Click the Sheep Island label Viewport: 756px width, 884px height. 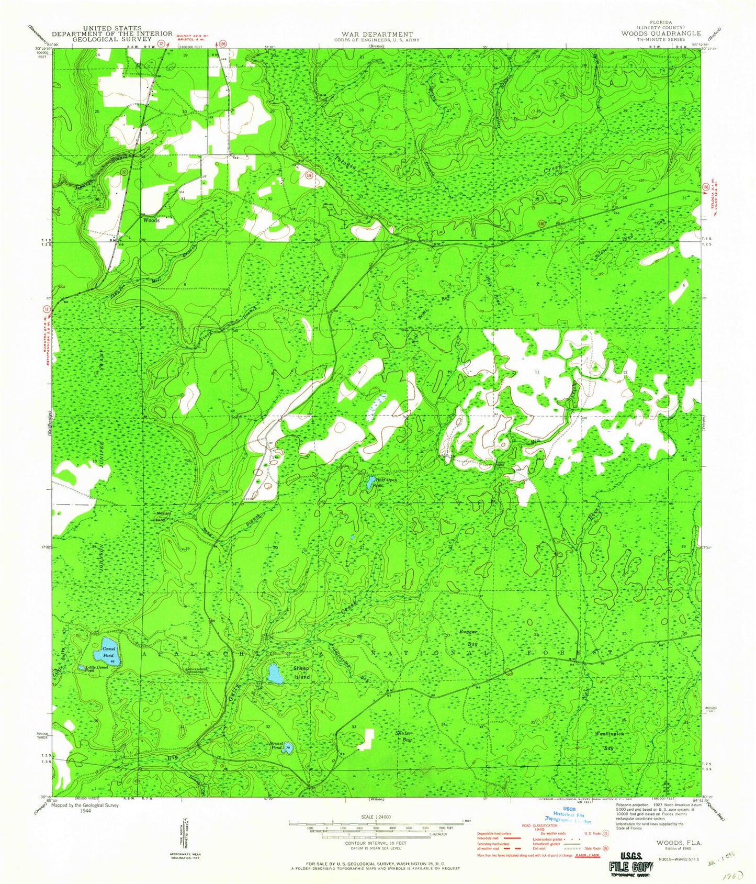pos(301,673)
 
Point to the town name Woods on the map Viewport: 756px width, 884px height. pos(151,220)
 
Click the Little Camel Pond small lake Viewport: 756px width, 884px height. pos(82,668)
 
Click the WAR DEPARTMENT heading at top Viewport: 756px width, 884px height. pos(375,35)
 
